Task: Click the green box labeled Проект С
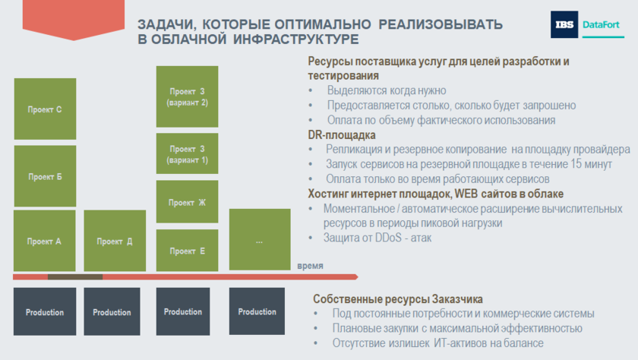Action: pos(45,109)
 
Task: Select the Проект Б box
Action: pos(45,176)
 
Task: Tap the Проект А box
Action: pos(44,241)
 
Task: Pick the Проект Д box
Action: pos(115,241)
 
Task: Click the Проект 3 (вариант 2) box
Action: pos(187,96)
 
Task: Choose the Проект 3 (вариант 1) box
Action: pos(187,153)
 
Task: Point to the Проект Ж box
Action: pos(187,202)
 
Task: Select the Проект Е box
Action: pos(187,251)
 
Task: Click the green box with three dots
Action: pos(260,239)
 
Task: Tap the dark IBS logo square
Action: pos(564,24)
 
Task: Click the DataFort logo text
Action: pos(601,25)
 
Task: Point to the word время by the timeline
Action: pos(310,266)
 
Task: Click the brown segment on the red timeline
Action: pos(75,277)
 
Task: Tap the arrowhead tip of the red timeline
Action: pos(358,277)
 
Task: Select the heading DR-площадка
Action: pos(342,134)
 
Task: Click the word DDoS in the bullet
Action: pos(389,238)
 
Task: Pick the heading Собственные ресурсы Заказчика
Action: pos(397,299)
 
